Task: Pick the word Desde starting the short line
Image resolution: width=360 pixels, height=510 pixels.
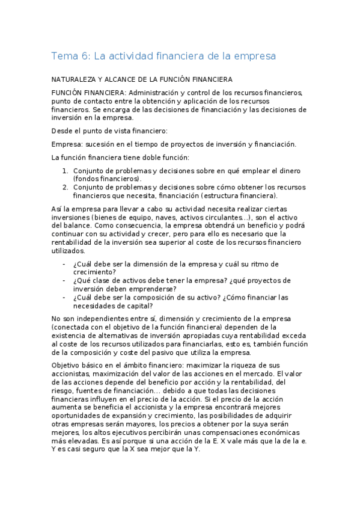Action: pos(63,131)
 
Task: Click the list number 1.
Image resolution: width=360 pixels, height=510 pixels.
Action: pos(66,171)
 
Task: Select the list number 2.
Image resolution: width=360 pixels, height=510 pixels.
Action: pos(66,187)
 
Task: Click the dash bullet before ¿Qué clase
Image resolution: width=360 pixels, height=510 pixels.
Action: pos(64,280)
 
